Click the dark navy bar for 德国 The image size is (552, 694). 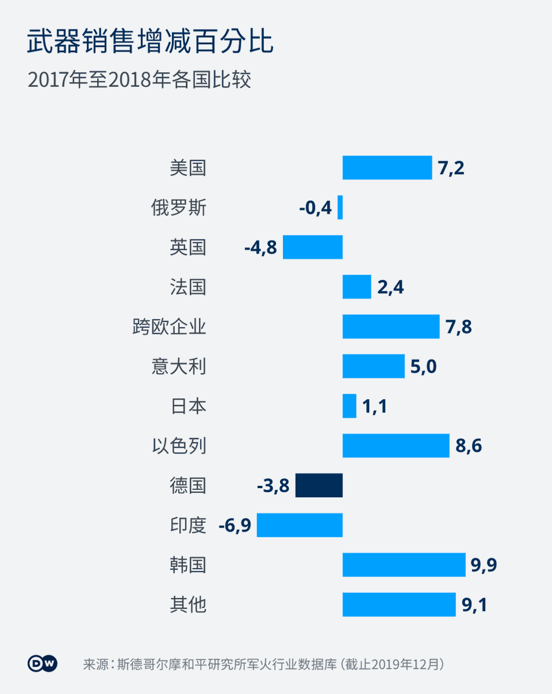319,485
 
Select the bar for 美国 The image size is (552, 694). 387,168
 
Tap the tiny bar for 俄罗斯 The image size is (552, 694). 340,207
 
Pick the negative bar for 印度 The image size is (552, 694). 300,525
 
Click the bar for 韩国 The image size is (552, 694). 404,564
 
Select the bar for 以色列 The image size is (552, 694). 396,445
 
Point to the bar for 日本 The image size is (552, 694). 349,406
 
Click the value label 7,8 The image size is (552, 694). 459,327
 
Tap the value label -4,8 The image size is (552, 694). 260,248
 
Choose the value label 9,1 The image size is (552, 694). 474,605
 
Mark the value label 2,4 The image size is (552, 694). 390,287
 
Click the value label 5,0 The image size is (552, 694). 423,367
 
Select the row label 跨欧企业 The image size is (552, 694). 169,327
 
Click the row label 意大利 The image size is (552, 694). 179,367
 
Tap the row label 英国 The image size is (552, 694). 188,248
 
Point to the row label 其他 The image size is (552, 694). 188,605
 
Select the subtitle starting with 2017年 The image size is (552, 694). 139,80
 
